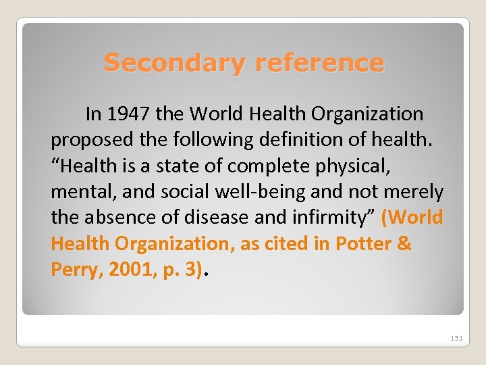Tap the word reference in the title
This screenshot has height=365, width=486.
pos(320,63)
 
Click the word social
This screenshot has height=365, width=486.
pos(185,192)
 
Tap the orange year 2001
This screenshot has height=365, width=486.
pos(123,270)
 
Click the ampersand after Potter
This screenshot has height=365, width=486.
pos(404,243)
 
